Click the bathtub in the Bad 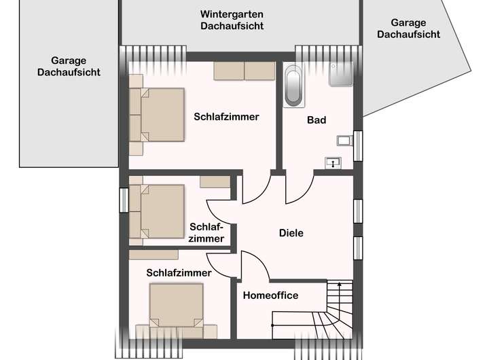point(293,86)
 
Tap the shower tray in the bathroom point(341,74)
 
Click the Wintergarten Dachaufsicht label point(232,20)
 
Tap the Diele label point(291,233)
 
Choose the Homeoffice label point(270,295)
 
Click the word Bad point(316,120)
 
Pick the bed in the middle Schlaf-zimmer point(159,211)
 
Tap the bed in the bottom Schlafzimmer point(177,304)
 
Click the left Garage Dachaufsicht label point(69,66)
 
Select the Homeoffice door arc point(254,265)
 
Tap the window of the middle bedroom point(124,200)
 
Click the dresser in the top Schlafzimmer point(244,71)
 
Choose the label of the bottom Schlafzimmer point(179,272)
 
